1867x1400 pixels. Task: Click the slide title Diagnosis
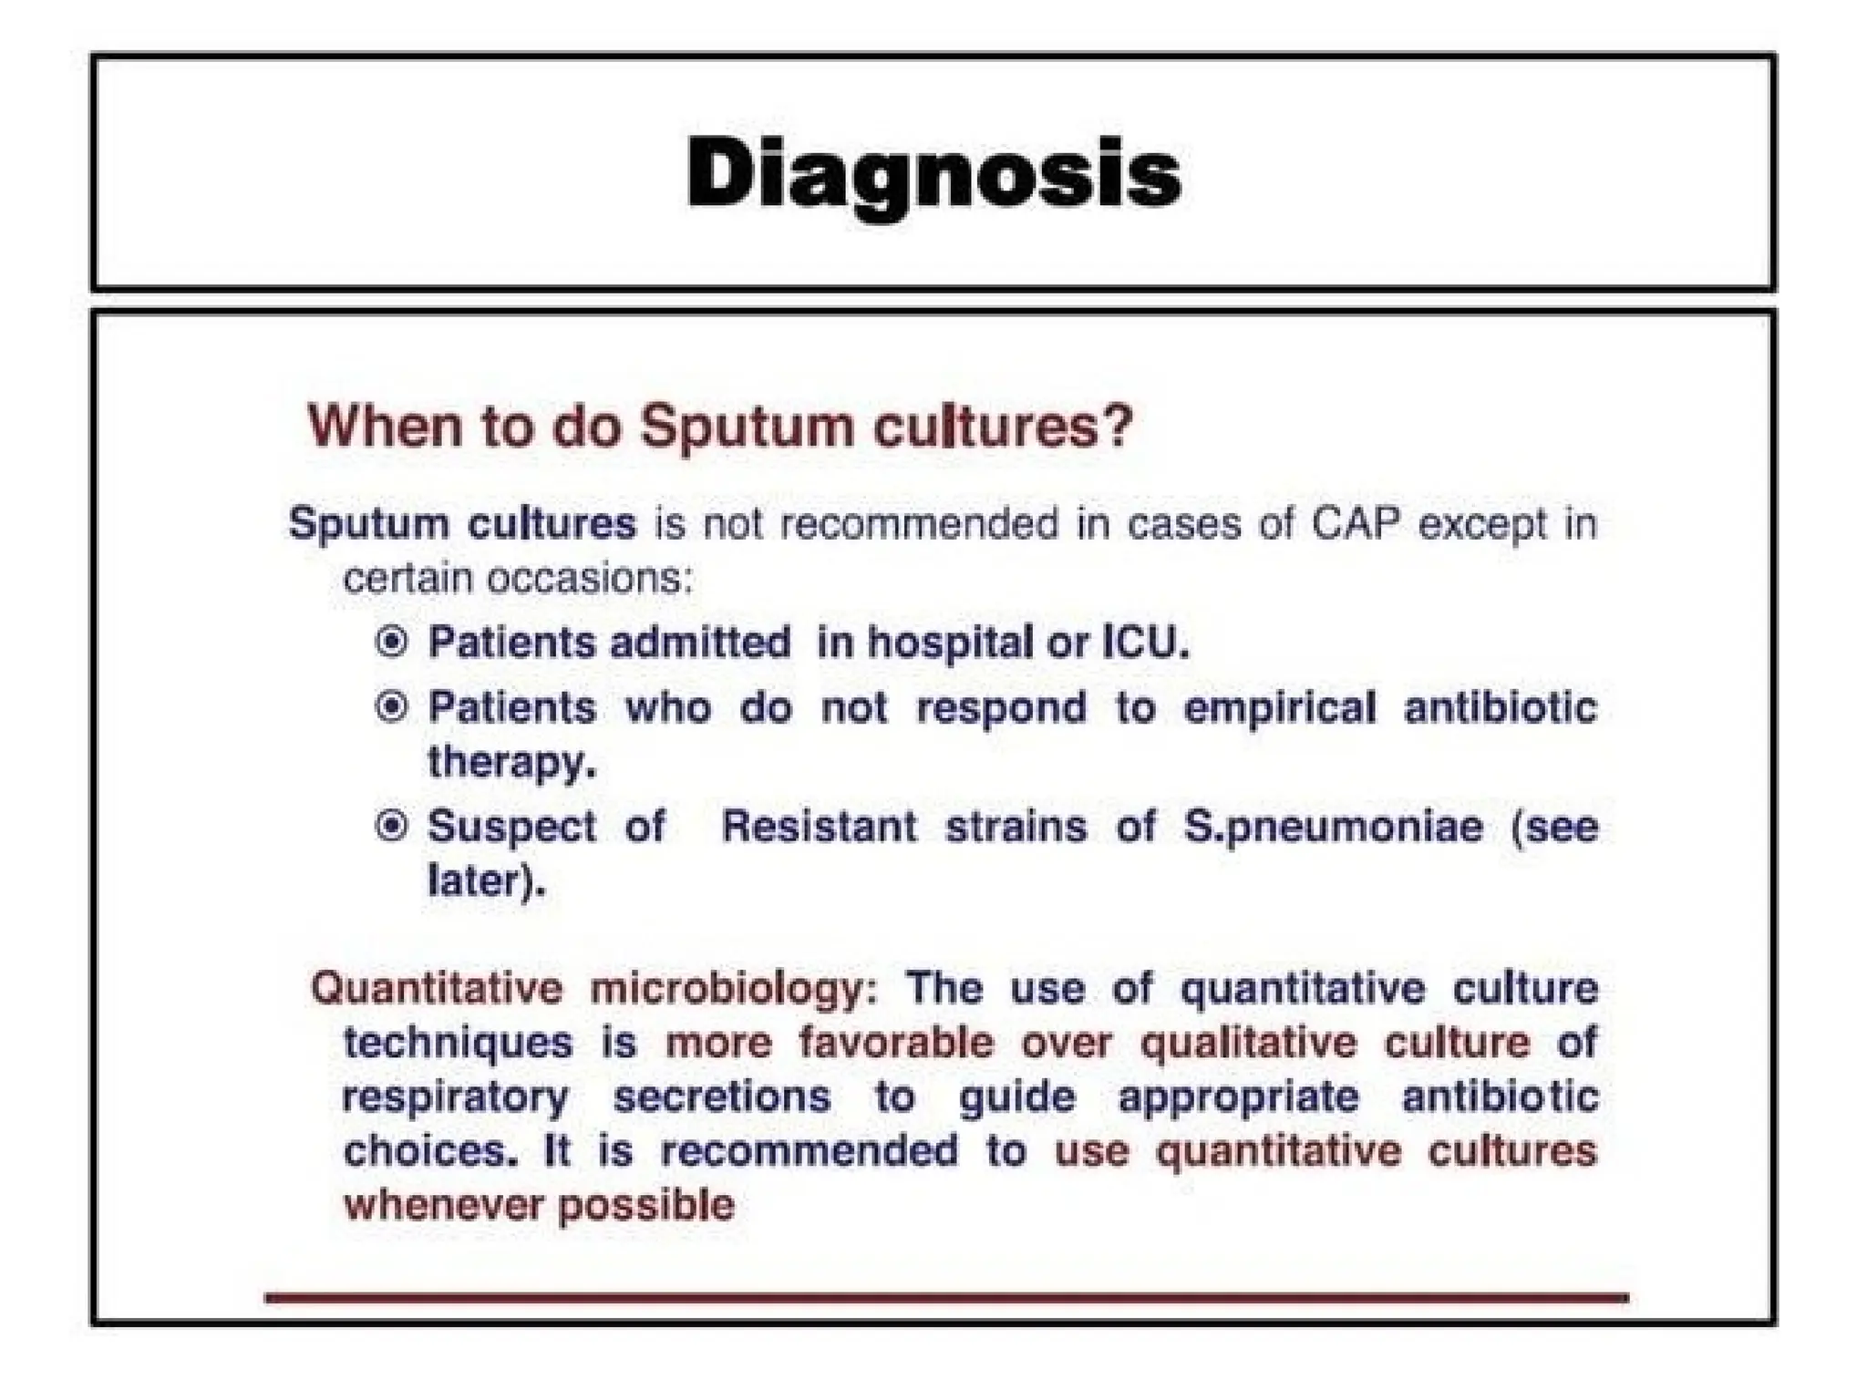point(933,173)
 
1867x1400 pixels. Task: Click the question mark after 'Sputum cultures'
point(1118,425)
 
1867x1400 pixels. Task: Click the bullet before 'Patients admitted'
point(392,643)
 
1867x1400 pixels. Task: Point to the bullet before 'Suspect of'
point(392,827)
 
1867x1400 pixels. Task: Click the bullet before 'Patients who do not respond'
point(392,707)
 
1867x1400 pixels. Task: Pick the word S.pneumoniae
point(1333,828)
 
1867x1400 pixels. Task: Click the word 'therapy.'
point(512,762)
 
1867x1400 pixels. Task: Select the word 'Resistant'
point(819,827)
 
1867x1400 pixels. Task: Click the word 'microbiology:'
point(734,989)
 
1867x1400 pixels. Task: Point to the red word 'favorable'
point(896,1043)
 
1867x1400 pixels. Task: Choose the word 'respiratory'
point(456,1097)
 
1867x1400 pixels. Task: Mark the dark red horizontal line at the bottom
point(946,1297)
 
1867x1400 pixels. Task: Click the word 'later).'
point(487,880)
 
